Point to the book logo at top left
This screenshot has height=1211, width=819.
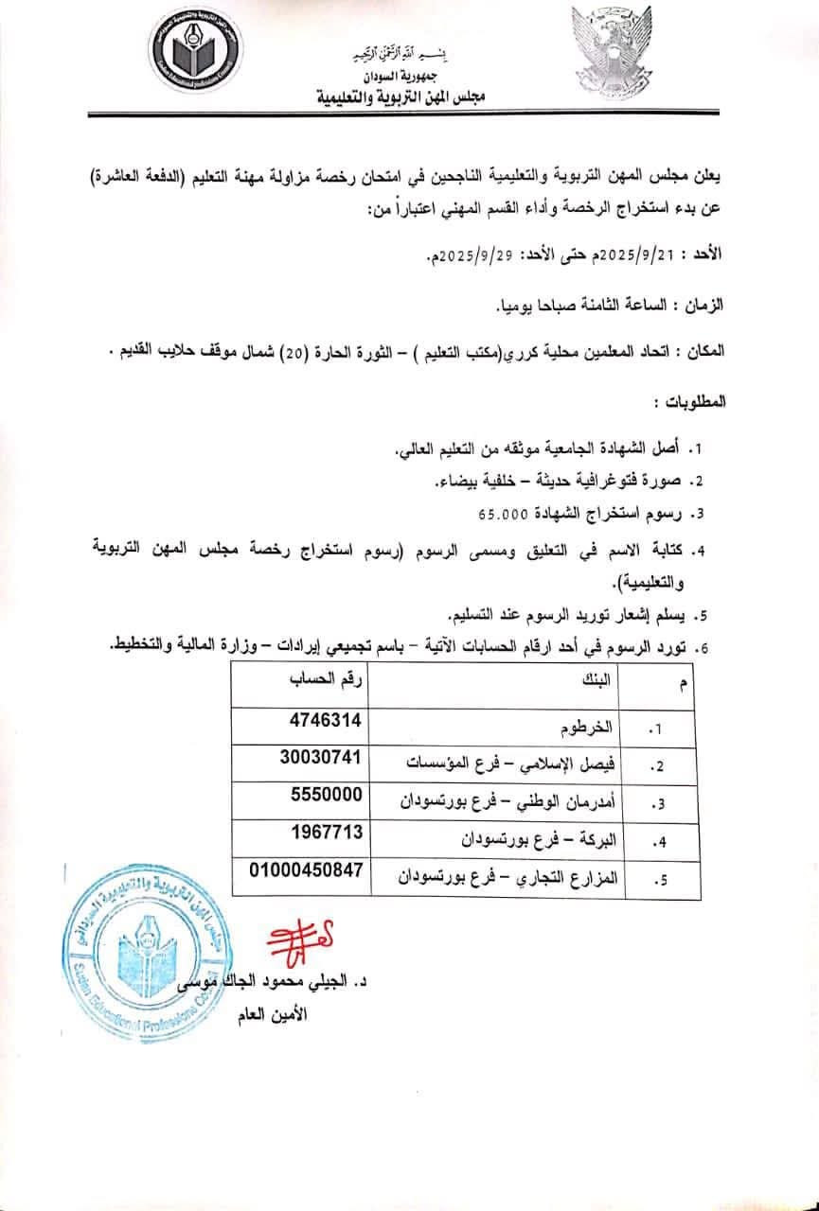pyautogui.click(x=196, y=55)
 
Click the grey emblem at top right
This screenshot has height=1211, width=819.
pyautogui.click(x=611, y=52)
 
